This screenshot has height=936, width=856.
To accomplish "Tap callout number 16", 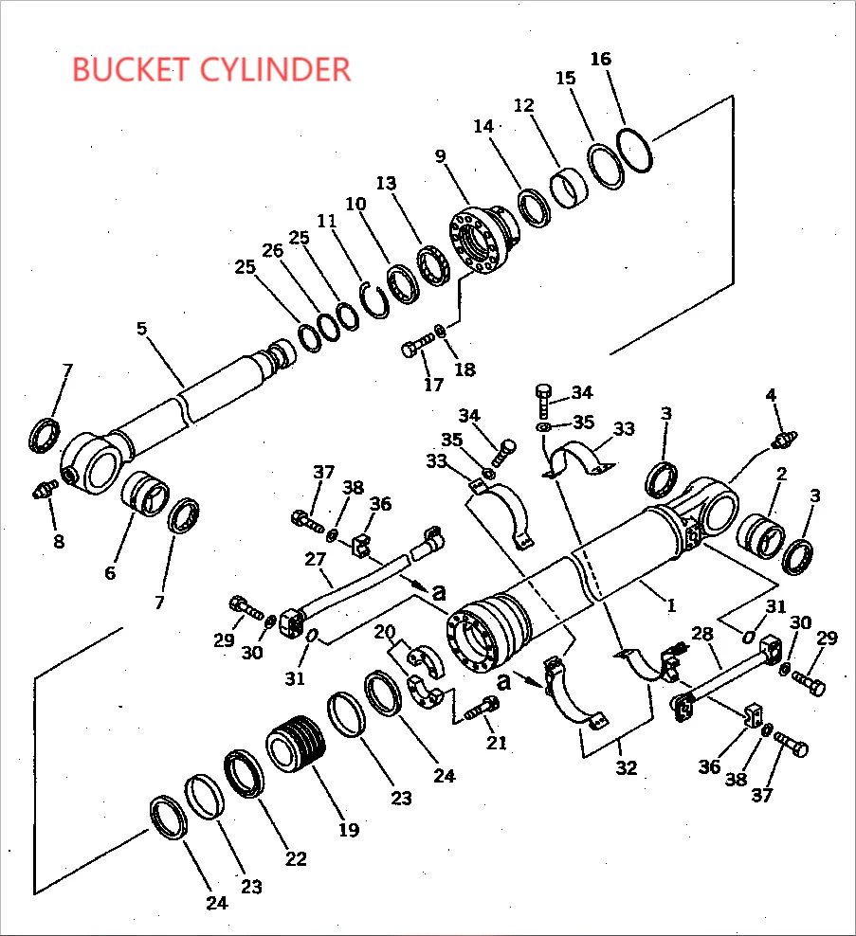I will point(600,59).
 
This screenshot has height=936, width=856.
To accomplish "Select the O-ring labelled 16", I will point(635,150).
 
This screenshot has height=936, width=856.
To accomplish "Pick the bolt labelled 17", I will point(417,345).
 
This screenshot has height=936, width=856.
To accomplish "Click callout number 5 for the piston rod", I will point(141,329).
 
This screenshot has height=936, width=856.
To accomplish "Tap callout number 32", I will point(626,767).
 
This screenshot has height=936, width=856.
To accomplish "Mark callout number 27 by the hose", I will point(315,560).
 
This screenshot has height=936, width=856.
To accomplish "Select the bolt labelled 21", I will point(483,706).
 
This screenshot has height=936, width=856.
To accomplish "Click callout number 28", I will point(702,634).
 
